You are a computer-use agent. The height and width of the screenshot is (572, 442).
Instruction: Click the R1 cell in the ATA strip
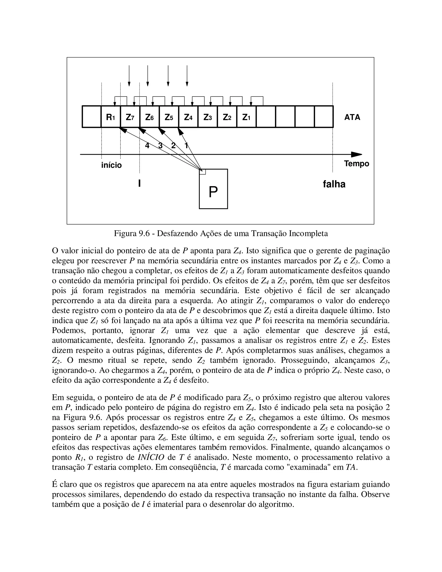tap(110, 117)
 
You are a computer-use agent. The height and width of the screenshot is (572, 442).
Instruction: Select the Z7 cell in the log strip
tap(130, 117)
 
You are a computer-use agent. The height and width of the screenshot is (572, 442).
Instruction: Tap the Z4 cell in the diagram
tap(188, 117)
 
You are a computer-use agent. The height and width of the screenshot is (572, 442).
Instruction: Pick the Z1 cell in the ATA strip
tap(246, 117)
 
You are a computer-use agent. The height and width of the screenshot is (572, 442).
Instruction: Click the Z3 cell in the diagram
tap(207, 117)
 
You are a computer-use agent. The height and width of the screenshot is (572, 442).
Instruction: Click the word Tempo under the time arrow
tap(356, 164)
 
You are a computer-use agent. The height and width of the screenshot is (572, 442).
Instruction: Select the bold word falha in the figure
tap(334, 184)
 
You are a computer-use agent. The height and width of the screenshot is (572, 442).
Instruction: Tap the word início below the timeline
tap(111, 165)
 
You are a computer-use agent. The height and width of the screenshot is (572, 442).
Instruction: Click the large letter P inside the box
tap(213, 193)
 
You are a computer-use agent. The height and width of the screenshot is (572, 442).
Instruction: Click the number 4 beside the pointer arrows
tap(147, 146)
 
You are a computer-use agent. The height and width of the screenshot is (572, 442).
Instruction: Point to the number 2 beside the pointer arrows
tap(173, 146)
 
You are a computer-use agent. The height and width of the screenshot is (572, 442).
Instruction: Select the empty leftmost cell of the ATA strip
tap(92, 117)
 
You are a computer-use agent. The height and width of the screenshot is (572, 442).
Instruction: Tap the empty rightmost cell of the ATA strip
tap(324, 117)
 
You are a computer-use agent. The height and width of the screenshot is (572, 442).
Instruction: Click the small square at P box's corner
tap(203, 172)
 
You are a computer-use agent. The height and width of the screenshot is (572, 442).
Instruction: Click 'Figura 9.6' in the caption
tap(131, 233)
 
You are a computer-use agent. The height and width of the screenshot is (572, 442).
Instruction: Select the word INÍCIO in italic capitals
tap(151, 457)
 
